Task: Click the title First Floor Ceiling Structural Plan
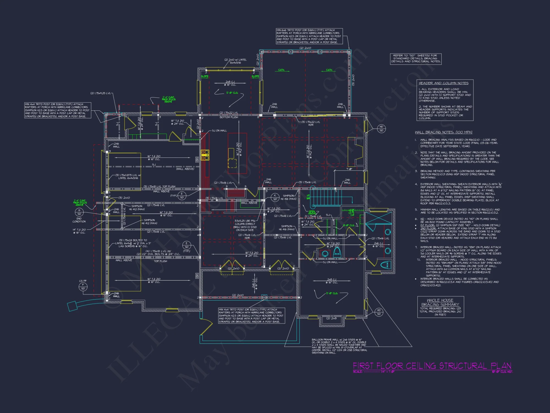(x=432, y=366)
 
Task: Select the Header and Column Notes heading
(x=443, y=83)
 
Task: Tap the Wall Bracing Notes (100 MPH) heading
(x=443, y=132)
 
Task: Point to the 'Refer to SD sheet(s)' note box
(x=416, y=59)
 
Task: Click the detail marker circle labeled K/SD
(x=275, y=197)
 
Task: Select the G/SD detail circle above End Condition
(x=79, y=212)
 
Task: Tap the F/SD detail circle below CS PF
(x=83, y=287)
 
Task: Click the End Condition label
(x=79, y=220)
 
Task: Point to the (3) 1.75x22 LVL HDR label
(x=311, y=123)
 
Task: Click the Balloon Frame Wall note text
(x=339, y=346)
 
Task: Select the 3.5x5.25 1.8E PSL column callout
(x=245, y=225)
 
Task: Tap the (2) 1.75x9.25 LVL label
(x=101, y=93)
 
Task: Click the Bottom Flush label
(x=229, y=117)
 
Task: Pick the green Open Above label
(x=312, y=213)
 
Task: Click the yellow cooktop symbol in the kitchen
(x=205, y=155)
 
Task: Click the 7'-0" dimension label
(x=349, y=169)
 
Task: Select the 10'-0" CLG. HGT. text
(x=502, y=372)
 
